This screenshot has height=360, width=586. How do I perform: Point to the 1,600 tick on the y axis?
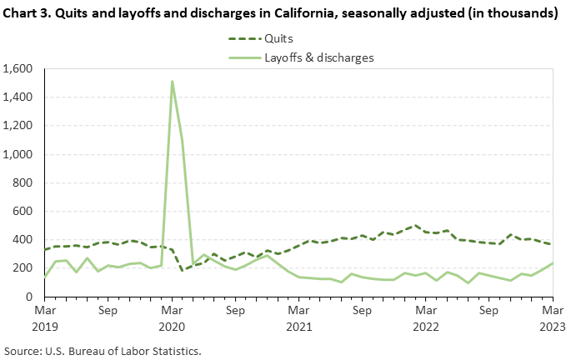pyautogui.click(x=21, y=68)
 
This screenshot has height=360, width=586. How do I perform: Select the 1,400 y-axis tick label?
pyautogui.click(x=21, y=97)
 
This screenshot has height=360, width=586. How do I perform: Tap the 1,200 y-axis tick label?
pyautogui.click(x=21, y=126)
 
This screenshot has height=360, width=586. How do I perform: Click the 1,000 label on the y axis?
pyautogui.click(x=21, y=154)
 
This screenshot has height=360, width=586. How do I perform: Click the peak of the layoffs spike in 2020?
pyautogui.click(x=172, y=82)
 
